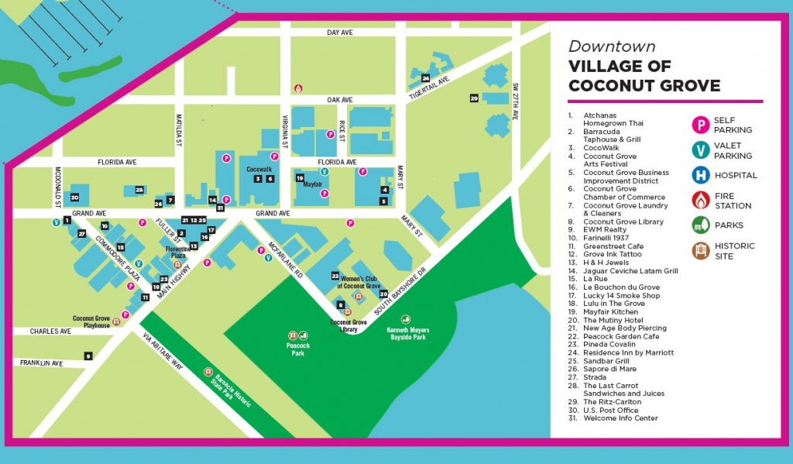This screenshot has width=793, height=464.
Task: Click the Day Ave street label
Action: click(x=339, y=33)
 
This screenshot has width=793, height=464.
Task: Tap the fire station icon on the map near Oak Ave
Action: click(x=297, y=89)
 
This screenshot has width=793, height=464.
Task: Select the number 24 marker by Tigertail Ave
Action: click(x=425, y=77)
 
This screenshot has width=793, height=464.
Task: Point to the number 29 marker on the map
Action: click(x=474, y=98)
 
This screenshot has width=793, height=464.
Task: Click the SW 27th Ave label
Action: click(x=515, y=101)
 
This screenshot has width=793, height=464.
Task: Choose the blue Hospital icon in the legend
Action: click(x=701, y=175)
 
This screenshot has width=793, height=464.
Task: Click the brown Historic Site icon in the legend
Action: click(x=701, y=250)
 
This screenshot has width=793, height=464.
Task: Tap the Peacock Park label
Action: click(x=297, y=349)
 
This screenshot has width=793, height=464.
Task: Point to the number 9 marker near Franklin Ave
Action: click(x=88, y=356)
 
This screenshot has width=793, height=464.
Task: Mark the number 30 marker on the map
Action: click(x=74, y=198)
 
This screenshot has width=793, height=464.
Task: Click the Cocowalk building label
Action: click(x=259, y=168)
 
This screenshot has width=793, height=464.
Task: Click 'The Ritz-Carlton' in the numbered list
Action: click(x=612, y=402)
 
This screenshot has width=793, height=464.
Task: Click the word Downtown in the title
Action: click(x=612, y=46)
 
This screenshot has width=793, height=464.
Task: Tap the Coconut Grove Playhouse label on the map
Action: click(x=91, y=321)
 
